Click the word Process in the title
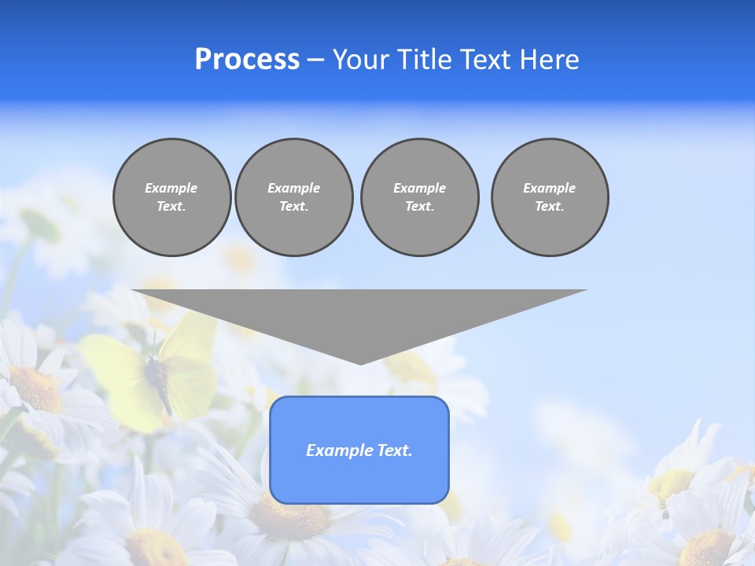(247, 60)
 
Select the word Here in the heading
(550, 60)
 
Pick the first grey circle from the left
(171, 197)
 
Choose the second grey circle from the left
(293, 197)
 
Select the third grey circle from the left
(419, 197)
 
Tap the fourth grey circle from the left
(549, 197)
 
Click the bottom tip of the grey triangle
(360, 362)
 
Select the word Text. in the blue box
(395, 450)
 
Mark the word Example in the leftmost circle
(171, 188)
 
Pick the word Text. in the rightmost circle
(549, 207)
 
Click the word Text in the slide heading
(485, 60)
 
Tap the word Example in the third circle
(419, 188)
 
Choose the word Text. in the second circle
(293, 207)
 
